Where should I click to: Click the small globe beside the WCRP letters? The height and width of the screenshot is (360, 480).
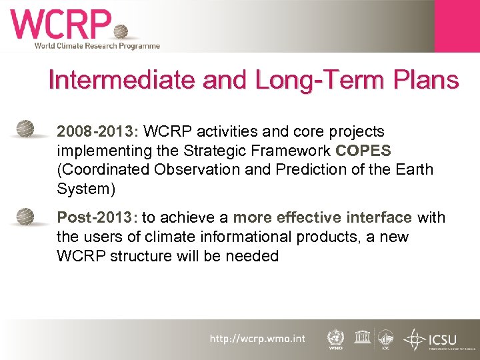pyautogui.click(x=121, y=32)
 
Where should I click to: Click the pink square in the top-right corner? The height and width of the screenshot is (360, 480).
pyautogui.click(x=457, y=25)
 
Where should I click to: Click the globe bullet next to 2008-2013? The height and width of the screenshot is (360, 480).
pyautogui.click(x=26, y=127)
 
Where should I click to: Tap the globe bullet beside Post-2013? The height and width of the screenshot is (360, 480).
pyautogui.click(x=26, y=217)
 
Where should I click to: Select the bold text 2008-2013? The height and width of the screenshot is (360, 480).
pyautogui.click(x=99, y=131)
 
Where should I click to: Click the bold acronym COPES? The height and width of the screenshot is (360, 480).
pyautogui.click(x=363, y=151)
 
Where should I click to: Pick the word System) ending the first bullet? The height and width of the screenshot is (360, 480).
pyautogui.click(x=86, y=189)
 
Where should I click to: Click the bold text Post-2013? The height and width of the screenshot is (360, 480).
pyautogui.click(x=97, y=217)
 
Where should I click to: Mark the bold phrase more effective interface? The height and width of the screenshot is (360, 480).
pyautogui.click(x=323, y=217)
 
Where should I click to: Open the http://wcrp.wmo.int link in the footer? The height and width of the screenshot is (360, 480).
pyautogui.click(x=257, y=339)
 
